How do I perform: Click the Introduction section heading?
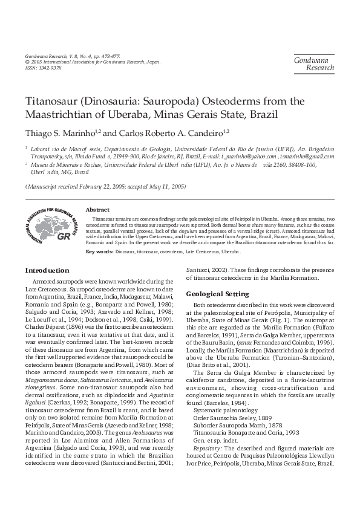pos(48,270)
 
